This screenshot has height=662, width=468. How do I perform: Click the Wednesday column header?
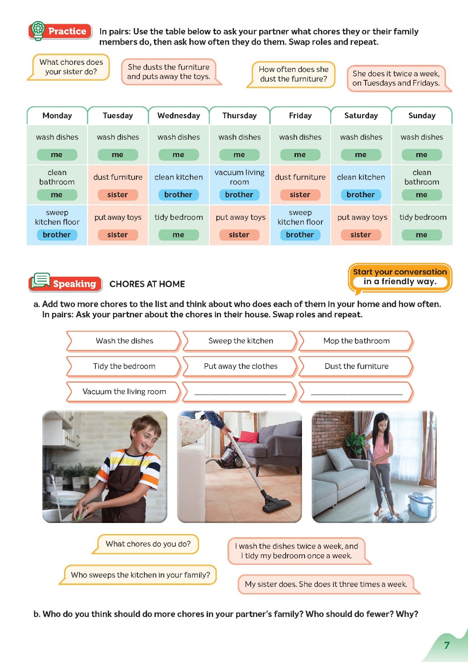pos(178,116)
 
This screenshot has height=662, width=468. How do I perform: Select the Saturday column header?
pos(361,116)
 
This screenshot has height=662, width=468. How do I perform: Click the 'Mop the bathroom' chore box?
pos(356,341)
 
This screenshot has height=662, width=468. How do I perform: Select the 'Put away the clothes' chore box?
pos(241,366)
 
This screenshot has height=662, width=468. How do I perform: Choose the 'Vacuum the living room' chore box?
pos(124,391)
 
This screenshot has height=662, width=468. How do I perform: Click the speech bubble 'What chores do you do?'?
pos(148,544)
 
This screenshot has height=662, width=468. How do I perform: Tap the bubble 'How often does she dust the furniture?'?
pos(293,74)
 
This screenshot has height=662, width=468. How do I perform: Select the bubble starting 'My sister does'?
pos(326,584)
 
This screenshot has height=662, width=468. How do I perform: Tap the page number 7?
pos(447,645)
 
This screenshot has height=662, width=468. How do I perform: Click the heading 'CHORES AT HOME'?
pos(147,284)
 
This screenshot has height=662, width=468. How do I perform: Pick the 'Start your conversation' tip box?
pos(400,277)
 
